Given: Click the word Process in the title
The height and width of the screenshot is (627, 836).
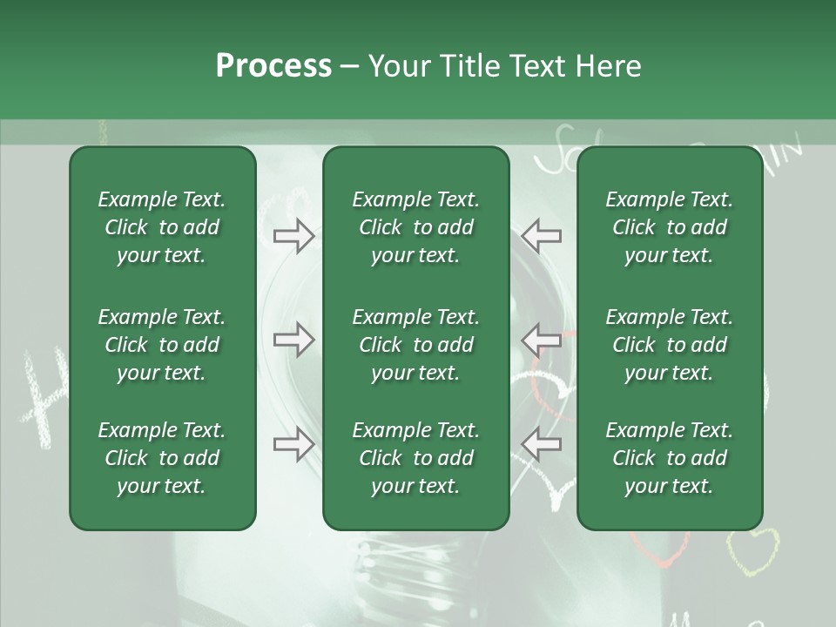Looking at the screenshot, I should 273,65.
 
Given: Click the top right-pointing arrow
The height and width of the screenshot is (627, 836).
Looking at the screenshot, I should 294,236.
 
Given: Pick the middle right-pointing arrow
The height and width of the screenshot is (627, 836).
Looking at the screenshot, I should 294,340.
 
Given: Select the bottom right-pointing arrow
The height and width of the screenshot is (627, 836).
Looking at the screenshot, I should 294,444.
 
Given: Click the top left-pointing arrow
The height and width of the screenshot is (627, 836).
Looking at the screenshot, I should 541,236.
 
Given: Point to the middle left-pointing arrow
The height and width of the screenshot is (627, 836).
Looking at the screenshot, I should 541,340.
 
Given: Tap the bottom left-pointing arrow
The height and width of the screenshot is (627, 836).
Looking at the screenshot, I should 541,444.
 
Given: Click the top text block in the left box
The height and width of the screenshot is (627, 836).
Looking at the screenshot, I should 162,227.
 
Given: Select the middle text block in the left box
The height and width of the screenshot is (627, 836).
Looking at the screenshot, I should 162,345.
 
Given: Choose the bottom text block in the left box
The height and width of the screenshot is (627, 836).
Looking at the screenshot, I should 162,458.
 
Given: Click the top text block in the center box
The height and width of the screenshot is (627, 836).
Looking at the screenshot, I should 415,227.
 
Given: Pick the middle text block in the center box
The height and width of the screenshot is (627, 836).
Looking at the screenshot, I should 415,345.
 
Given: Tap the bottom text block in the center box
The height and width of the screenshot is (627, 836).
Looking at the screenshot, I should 415,458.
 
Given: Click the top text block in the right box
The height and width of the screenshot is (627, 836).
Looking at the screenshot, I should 670,227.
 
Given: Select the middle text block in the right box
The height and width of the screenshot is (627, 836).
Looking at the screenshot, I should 670,345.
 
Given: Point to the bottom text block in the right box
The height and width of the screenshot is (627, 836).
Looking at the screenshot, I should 670,458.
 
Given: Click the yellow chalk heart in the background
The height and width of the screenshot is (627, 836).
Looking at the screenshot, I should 752,550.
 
